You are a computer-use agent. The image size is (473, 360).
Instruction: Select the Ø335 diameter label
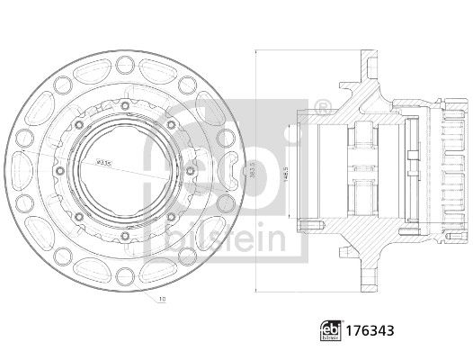(x=104, y=163)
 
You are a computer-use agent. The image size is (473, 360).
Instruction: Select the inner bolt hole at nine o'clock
(x=59, y=168)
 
